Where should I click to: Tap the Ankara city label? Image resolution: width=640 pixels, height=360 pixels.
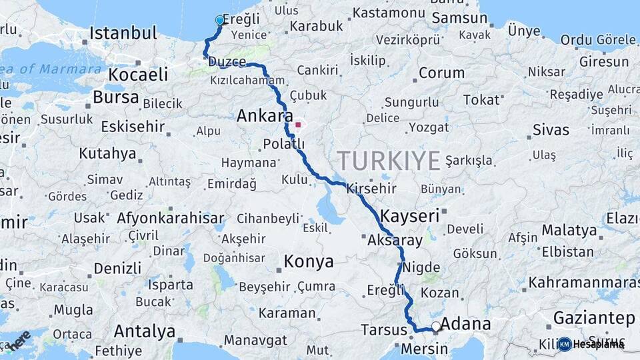click(x=261, y=115)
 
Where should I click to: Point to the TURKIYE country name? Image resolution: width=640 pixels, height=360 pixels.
click(x=389, y=161)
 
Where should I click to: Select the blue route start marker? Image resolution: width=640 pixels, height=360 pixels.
click(x=220, y=21)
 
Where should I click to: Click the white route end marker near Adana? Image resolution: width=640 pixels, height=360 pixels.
click(x=435, y=327)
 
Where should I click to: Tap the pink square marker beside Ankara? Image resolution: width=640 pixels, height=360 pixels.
click(x=298, y=123)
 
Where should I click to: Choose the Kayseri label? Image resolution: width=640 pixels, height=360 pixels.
click(x=410, y=216)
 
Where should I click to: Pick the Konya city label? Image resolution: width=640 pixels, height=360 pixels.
click(x=309, y=262)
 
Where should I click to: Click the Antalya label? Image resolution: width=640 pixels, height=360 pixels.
click(x=144, y=331)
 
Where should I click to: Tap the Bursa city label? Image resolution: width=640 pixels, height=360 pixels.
click(x=115, y=97)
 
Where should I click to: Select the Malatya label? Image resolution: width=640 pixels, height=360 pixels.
click(x=569, y=230)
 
